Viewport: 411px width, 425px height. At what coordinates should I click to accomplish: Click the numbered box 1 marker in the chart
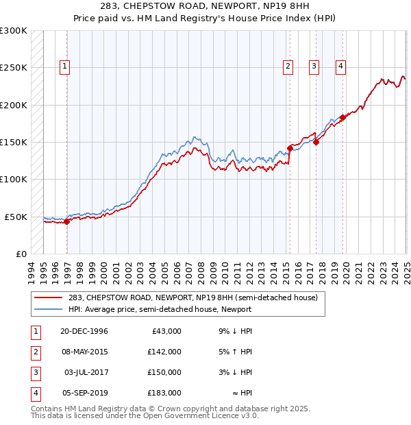tap(64, 66)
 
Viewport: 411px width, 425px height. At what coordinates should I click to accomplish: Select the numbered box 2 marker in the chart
tap(287, 66)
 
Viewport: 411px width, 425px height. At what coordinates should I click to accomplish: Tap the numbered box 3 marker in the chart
tap(314, 66)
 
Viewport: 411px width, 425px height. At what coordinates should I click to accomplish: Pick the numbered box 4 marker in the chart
tap(340, 66)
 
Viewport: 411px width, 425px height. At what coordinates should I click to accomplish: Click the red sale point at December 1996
tap(67, 221)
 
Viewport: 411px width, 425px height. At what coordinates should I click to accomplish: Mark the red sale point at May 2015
tap(290, 148)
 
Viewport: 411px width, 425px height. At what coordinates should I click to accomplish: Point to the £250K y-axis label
tap(13, 68)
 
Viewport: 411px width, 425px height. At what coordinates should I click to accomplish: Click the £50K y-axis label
tap(16, 217)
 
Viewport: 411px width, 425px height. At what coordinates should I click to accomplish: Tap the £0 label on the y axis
tap(21, 254)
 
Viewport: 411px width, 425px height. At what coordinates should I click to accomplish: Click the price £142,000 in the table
tap(165, 352)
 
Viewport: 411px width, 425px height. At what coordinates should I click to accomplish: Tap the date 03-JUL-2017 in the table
tap(86, 372)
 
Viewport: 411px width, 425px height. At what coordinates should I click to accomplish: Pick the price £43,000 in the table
tap(167, 331)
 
